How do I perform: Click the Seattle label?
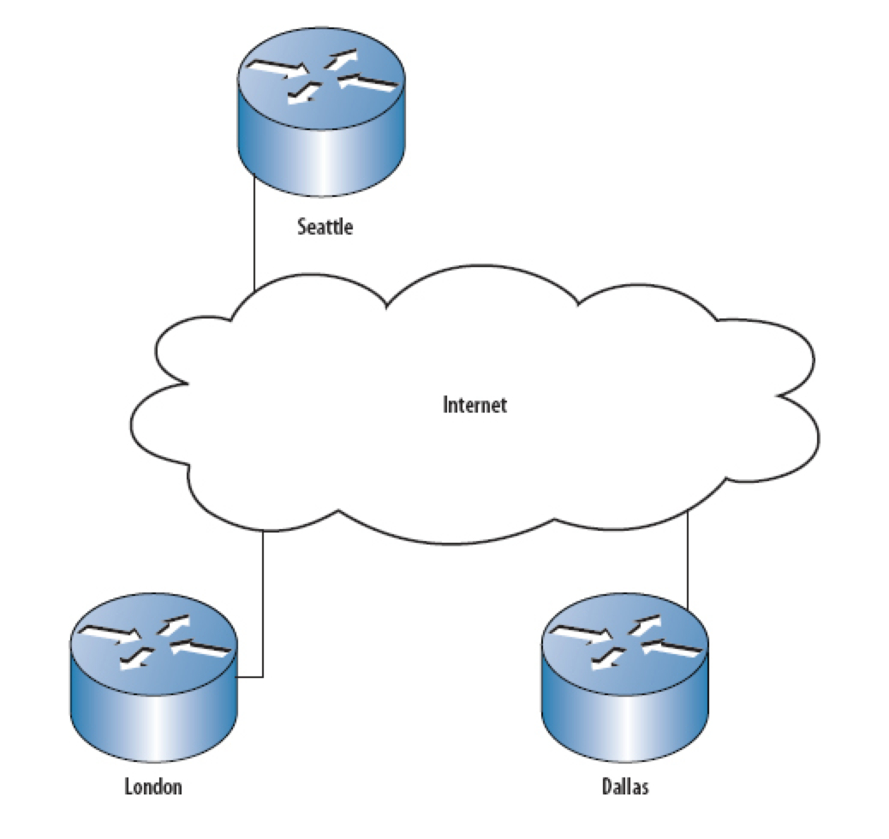tap(325, 227)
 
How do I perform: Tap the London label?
tap(153, 787)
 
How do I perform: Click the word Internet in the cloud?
tap(474, 404)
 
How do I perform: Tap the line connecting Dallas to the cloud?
tap(689, 556)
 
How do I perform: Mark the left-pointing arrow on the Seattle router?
tap(368, 84)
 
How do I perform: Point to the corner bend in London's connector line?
tap(263, 676)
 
